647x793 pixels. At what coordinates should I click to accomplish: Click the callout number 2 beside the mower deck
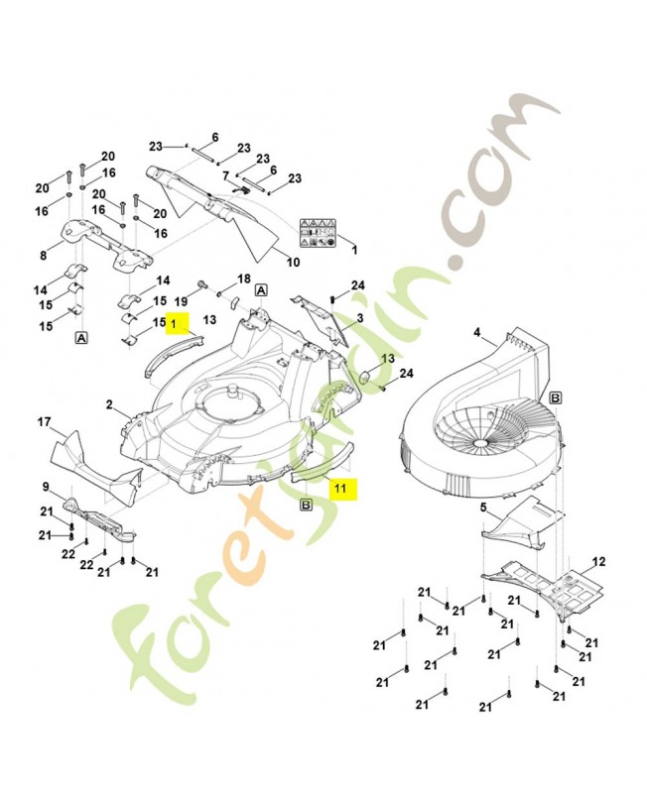[x=109, y=403]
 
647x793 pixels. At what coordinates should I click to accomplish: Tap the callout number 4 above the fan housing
[x=477, y=332]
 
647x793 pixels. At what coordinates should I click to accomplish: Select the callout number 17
[x=45, y=421]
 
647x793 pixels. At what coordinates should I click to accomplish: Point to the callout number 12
[x=599, y=561]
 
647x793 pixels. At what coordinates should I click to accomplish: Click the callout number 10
[x=293, y=262]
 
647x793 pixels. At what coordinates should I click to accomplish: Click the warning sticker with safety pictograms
[x=318, y=232]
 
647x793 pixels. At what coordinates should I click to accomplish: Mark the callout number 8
[x=43, y=256]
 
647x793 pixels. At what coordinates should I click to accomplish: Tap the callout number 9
[x=46, y=487]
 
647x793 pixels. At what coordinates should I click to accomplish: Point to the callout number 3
[x=360, y=318]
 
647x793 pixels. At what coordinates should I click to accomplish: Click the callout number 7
[x=226, y=176]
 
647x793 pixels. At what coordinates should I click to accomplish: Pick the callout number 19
[x=182, y=302]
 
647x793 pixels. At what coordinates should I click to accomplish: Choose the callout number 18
[x=244, y=279]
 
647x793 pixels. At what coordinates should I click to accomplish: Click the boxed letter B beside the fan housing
[x=556, y=398]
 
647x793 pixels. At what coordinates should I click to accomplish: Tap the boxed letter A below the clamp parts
[x=81, y=338]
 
